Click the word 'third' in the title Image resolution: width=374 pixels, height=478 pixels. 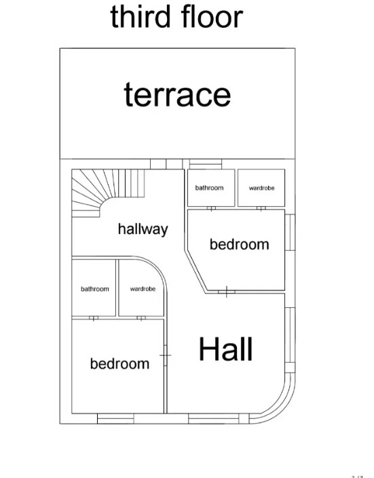coord(140,16)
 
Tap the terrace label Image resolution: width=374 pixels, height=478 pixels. coord(177,95)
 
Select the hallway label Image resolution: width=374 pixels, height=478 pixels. coord(143,229)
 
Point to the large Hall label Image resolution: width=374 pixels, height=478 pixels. coord(225,349)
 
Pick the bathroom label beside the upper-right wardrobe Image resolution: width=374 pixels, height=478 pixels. coord(210,188)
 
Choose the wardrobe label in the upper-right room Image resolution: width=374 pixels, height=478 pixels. coord(261,188)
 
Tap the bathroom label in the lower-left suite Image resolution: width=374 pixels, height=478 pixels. coord(94,289)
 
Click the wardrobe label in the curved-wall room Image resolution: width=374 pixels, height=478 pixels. coord(143,289)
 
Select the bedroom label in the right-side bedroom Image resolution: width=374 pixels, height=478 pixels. coord(240,245)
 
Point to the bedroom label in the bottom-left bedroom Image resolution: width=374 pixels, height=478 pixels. coord(119,363)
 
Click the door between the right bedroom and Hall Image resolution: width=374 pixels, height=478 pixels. coord(227,292)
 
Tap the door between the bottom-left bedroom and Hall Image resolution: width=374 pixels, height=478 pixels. coord(166,355)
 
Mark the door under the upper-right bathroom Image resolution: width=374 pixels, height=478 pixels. coord(211,208)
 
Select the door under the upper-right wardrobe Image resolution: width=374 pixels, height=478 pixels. coord(261,208)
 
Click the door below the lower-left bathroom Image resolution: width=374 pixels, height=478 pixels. coord(94,318)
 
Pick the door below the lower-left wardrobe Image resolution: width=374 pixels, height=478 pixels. coord(141,318)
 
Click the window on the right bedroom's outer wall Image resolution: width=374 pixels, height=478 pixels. coord(290,233)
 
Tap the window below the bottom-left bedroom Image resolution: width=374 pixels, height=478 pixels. coord(115,418)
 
